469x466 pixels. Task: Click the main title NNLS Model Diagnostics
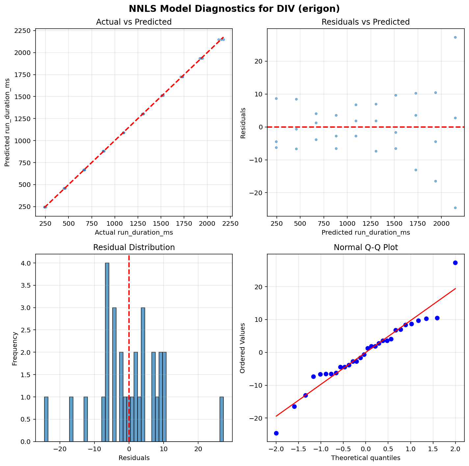click(x=234, y=9)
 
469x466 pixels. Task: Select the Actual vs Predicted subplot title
click(x=134, y=22)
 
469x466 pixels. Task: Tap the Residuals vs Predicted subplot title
click(x=365, y=22)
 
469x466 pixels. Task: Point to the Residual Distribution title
click(x=134, y=247)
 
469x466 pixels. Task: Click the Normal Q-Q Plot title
click(x=365, y=247)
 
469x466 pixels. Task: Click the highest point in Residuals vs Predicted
click(x=455, y=37)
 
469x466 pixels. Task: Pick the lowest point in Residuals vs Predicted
click(x=455, y=208)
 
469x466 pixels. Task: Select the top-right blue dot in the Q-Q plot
click(x=455, y=263)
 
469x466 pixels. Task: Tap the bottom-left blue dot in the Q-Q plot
click(x=276, y=433)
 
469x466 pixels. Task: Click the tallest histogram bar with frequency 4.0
click(x=107, y=352)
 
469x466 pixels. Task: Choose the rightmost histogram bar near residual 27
click(x=222, y=419)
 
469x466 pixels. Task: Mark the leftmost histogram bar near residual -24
click(x=46, y=419)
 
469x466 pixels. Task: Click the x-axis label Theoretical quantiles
click(x=365, y=458)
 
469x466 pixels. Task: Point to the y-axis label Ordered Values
click(x=243, y=348)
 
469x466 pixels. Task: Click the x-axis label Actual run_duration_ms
click(x=134, y=233)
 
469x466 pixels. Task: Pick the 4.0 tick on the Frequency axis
click(x=26, y=263)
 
